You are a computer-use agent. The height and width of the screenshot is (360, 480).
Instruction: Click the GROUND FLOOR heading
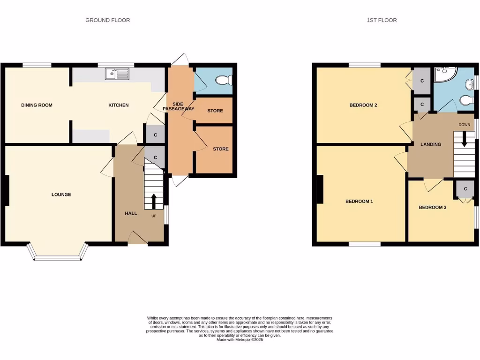(x=107, y=20)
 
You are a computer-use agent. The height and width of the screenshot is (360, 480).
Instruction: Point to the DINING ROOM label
(x=37, y=105)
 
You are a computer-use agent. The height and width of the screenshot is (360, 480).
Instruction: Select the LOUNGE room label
(x=61, y=195)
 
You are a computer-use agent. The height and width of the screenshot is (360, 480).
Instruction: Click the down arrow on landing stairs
(x=464, y=140)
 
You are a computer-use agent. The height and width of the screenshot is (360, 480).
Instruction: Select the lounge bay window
(x=58, y=253)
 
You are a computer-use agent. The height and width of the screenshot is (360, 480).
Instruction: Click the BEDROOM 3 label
(x=432, y=207)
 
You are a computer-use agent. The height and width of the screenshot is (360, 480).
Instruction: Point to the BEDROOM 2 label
(x=363, y=105)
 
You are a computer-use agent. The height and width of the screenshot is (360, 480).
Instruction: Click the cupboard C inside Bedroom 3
(x=465, y=188)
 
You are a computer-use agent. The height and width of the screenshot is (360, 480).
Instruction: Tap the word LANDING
(x=430, y=144)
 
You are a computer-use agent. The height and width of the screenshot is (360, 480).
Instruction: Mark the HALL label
(x=131, y=213)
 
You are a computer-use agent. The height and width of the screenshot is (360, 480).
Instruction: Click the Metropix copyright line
(x=240, y=340)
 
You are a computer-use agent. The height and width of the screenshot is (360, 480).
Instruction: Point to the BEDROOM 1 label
(x=359, y=202)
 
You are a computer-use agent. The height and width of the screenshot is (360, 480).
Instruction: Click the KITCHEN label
(x=118, y=105)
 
